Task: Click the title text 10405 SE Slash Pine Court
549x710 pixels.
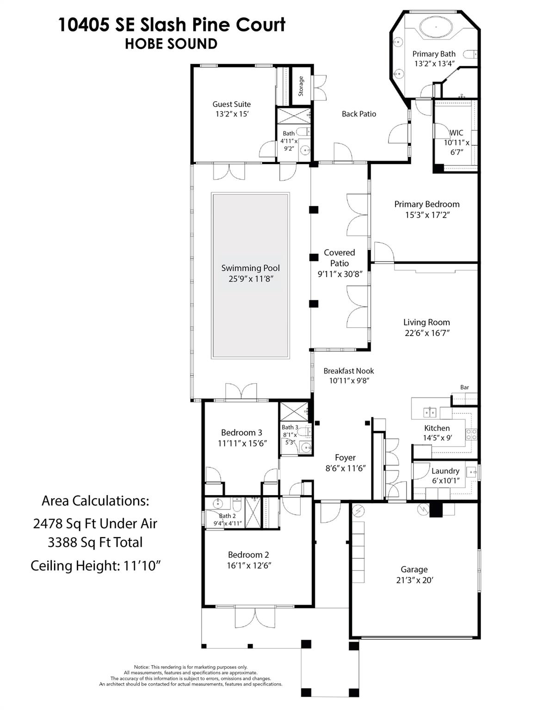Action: tap(172, 25)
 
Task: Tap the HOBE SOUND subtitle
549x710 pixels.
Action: tap(171, 44)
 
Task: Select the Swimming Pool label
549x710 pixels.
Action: tap(250, 268)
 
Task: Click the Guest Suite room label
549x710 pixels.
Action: tap(231, 104)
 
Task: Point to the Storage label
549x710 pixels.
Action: tap(301, 86)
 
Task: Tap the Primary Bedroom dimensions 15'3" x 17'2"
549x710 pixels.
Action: tap(427, 215)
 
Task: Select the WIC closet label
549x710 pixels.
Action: tap(456, 133)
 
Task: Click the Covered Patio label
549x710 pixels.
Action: tap(339, 258)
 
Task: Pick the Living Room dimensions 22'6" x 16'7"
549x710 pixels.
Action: tap(426, 333)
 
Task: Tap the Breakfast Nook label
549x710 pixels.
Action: tap(349, 371)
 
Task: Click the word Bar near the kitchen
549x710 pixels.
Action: tap(464, 387)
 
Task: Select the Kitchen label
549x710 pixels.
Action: tap(437, 428)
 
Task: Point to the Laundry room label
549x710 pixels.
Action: tap(445, 471)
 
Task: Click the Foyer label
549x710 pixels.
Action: tap(345, 458)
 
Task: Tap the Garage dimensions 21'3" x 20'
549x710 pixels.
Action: tap(414, 580)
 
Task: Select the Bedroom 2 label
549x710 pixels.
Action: tap(248, 555)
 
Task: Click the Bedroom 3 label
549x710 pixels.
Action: tap(241, 433)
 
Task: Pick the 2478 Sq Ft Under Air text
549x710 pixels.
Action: tap(95, 524)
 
